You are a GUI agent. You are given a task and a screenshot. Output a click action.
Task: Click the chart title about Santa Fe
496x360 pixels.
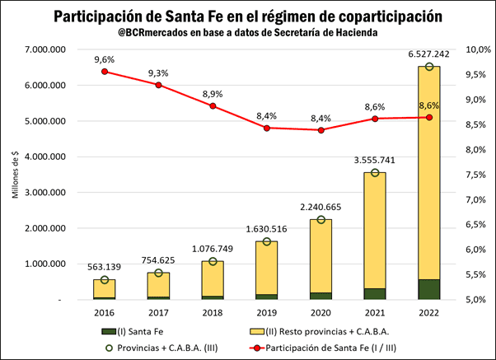[248, 16]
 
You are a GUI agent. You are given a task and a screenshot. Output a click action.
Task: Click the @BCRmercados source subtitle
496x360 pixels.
[248, 33]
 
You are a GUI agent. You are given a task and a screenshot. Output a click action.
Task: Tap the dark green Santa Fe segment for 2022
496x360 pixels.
[428, 289]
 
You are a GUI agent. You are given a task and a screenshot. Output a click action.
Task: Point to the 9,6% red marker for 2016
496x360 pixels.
[105, 72]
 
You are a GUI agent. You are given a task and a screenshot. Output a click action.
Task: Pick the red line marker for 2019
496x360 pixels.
[267, 128]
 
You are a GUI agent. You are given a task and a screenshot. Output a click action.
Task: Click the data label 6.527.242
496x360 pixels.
[428, 54]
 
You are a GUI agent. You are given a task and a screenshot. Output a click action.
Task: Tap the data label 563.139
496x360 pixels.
[105, 266]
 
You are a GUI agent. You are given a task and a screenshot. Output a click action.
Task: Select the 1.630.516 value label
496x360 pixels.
[267, 228]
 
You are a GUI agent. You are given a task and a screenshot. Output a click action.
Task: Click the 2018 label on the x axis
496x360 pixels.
[213, 314]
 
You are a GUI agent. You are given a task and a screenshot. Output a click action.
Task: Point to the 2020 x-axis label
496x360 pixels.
[321, 314]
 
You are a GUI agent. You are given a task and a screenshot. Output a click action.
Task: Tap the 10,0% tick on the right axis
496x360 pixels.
[480, 50]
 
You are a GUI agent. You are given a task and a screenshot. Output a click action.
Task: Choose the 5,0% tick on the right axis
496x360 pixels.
[480, 300]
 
